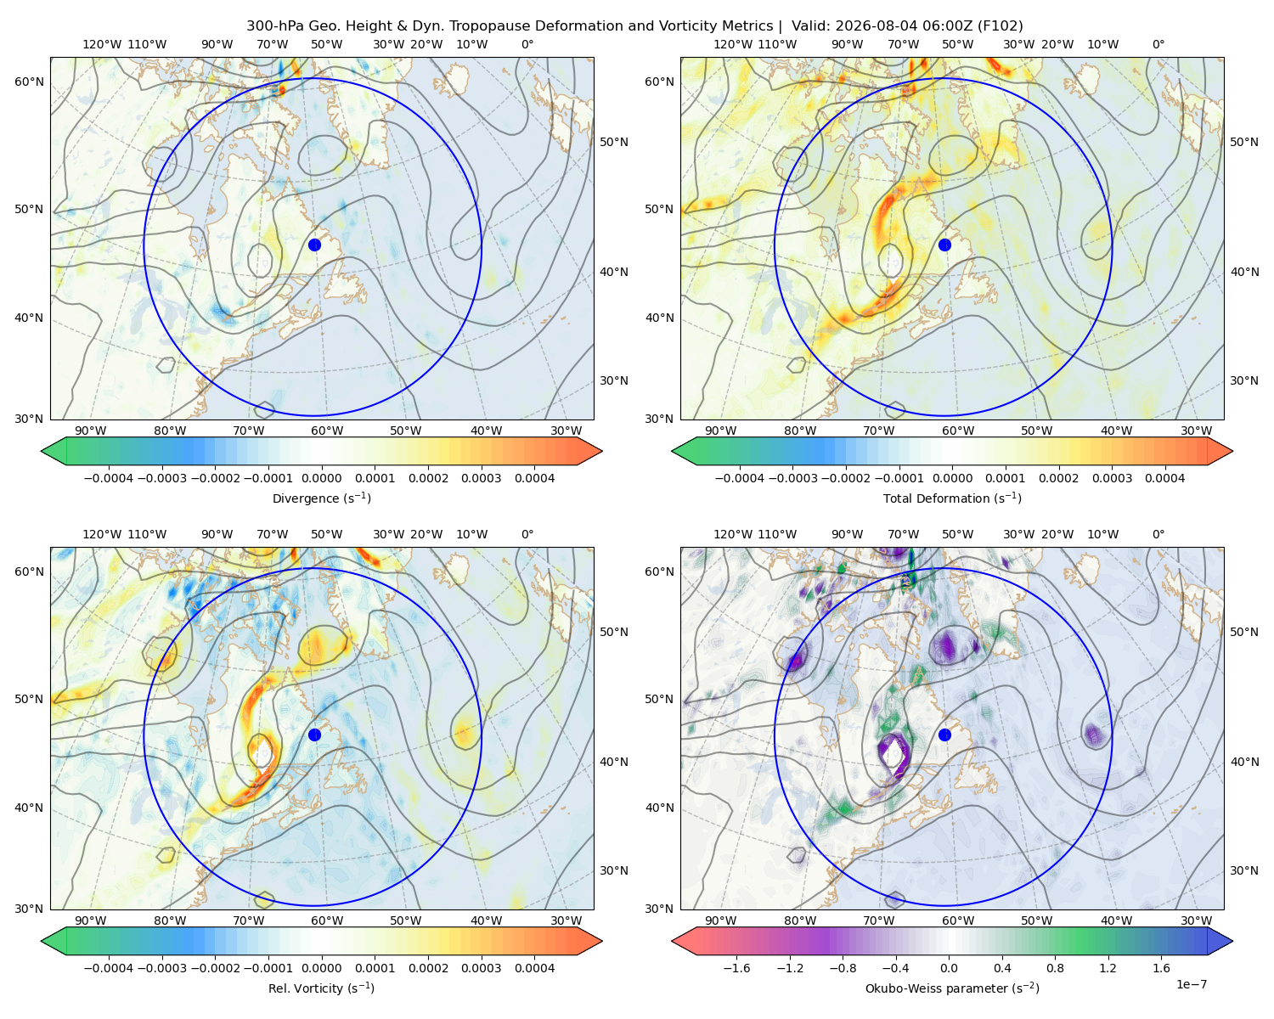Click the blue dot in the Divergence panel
[314, 245]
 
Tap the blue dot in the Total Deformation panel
[944, 245]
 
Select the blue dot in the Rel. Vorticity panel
[314, 735]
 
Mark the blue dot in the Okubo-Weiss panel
[944, 735]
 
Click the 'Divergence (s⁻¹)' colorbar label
[321, 498]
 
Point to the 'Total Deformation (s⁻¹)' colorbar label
[952, 498]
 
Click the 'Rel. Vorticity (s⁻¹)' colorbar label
[321, 988]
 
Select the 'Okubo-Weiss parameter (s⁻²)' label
[952, 988]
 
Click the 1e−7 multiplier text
[1191, 984]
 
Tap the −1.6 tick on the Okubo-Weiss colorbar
[736, 967]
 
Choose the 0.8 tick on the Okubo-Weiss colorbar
[1055, 967]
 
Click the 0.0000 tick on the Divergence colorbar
[321, 478]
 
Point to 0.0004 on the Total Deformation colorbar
[1164, 478]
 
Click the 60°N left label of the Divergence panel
[29, 82]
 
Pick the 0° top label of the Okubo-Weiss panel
[1158, 534]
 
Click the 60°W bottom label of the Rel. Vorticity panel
[327, 920]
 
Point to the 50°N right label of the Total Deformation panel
[1243, 142]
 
